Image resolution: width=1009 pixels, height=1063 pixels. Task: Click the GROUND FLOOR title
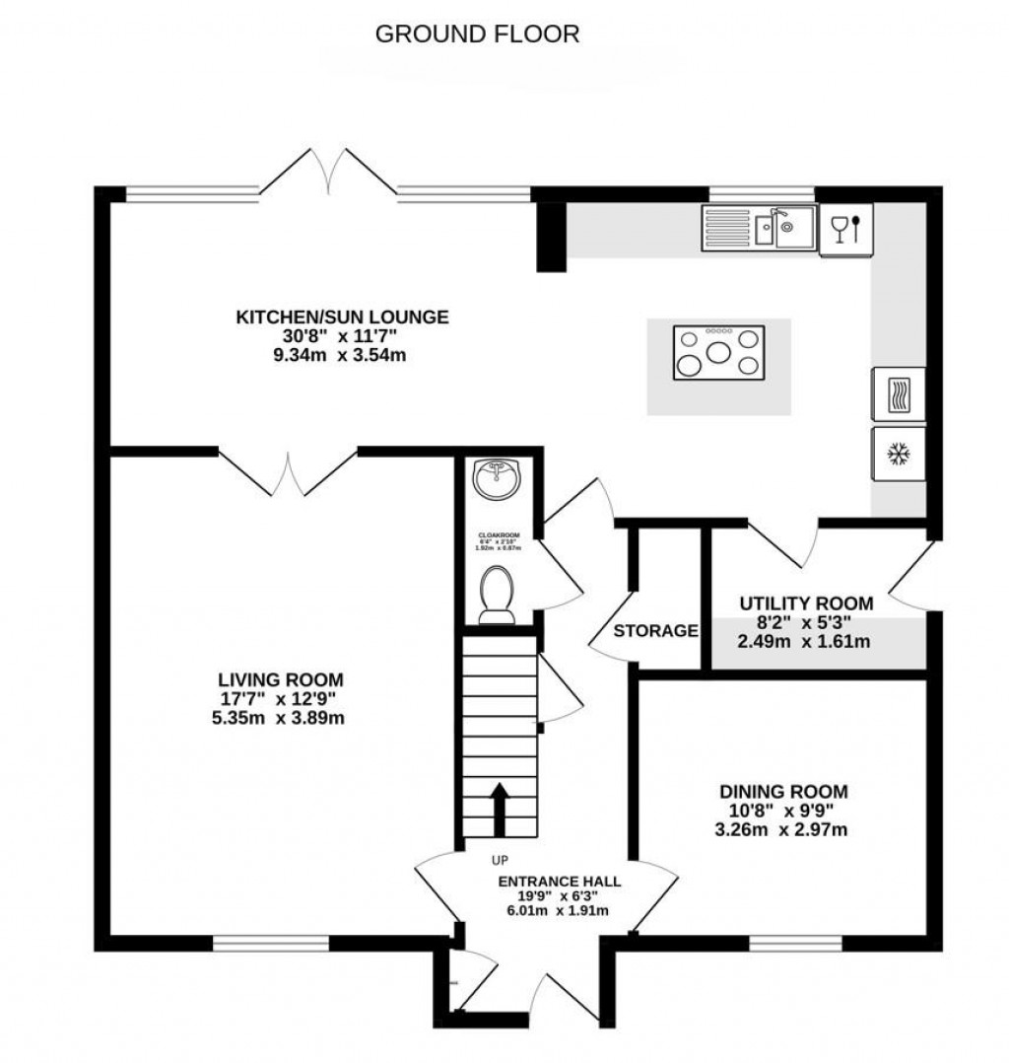click(478, 35)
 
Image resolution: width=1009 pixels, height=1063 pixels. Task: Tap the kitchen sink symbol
click(759, 228)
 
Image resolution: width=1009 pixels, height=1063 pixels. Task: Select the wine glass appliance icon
click(845, 229)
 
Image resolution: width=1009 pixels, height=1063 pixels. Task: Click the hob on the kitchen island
click(718, 352)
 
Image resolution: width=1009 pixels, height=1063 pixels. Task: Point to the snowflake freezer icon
click(897, 454)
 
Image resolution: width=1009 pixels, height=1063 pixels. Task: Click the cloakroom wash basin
click(496, 481)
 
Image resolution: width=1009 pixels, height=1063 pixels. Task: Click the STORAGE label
click(656, 631)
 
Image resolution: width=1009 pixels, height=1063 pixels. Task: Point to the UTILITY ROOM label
click(806, 603)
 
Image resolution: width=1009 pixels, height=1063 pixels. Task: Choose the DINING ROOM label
click(783, 791)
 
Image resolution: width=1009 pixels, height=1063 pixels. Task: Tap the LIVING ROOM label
click(281, 679)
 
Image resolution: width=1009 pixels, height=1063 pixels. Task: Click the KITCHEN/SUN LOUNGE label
click(342, 317)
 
